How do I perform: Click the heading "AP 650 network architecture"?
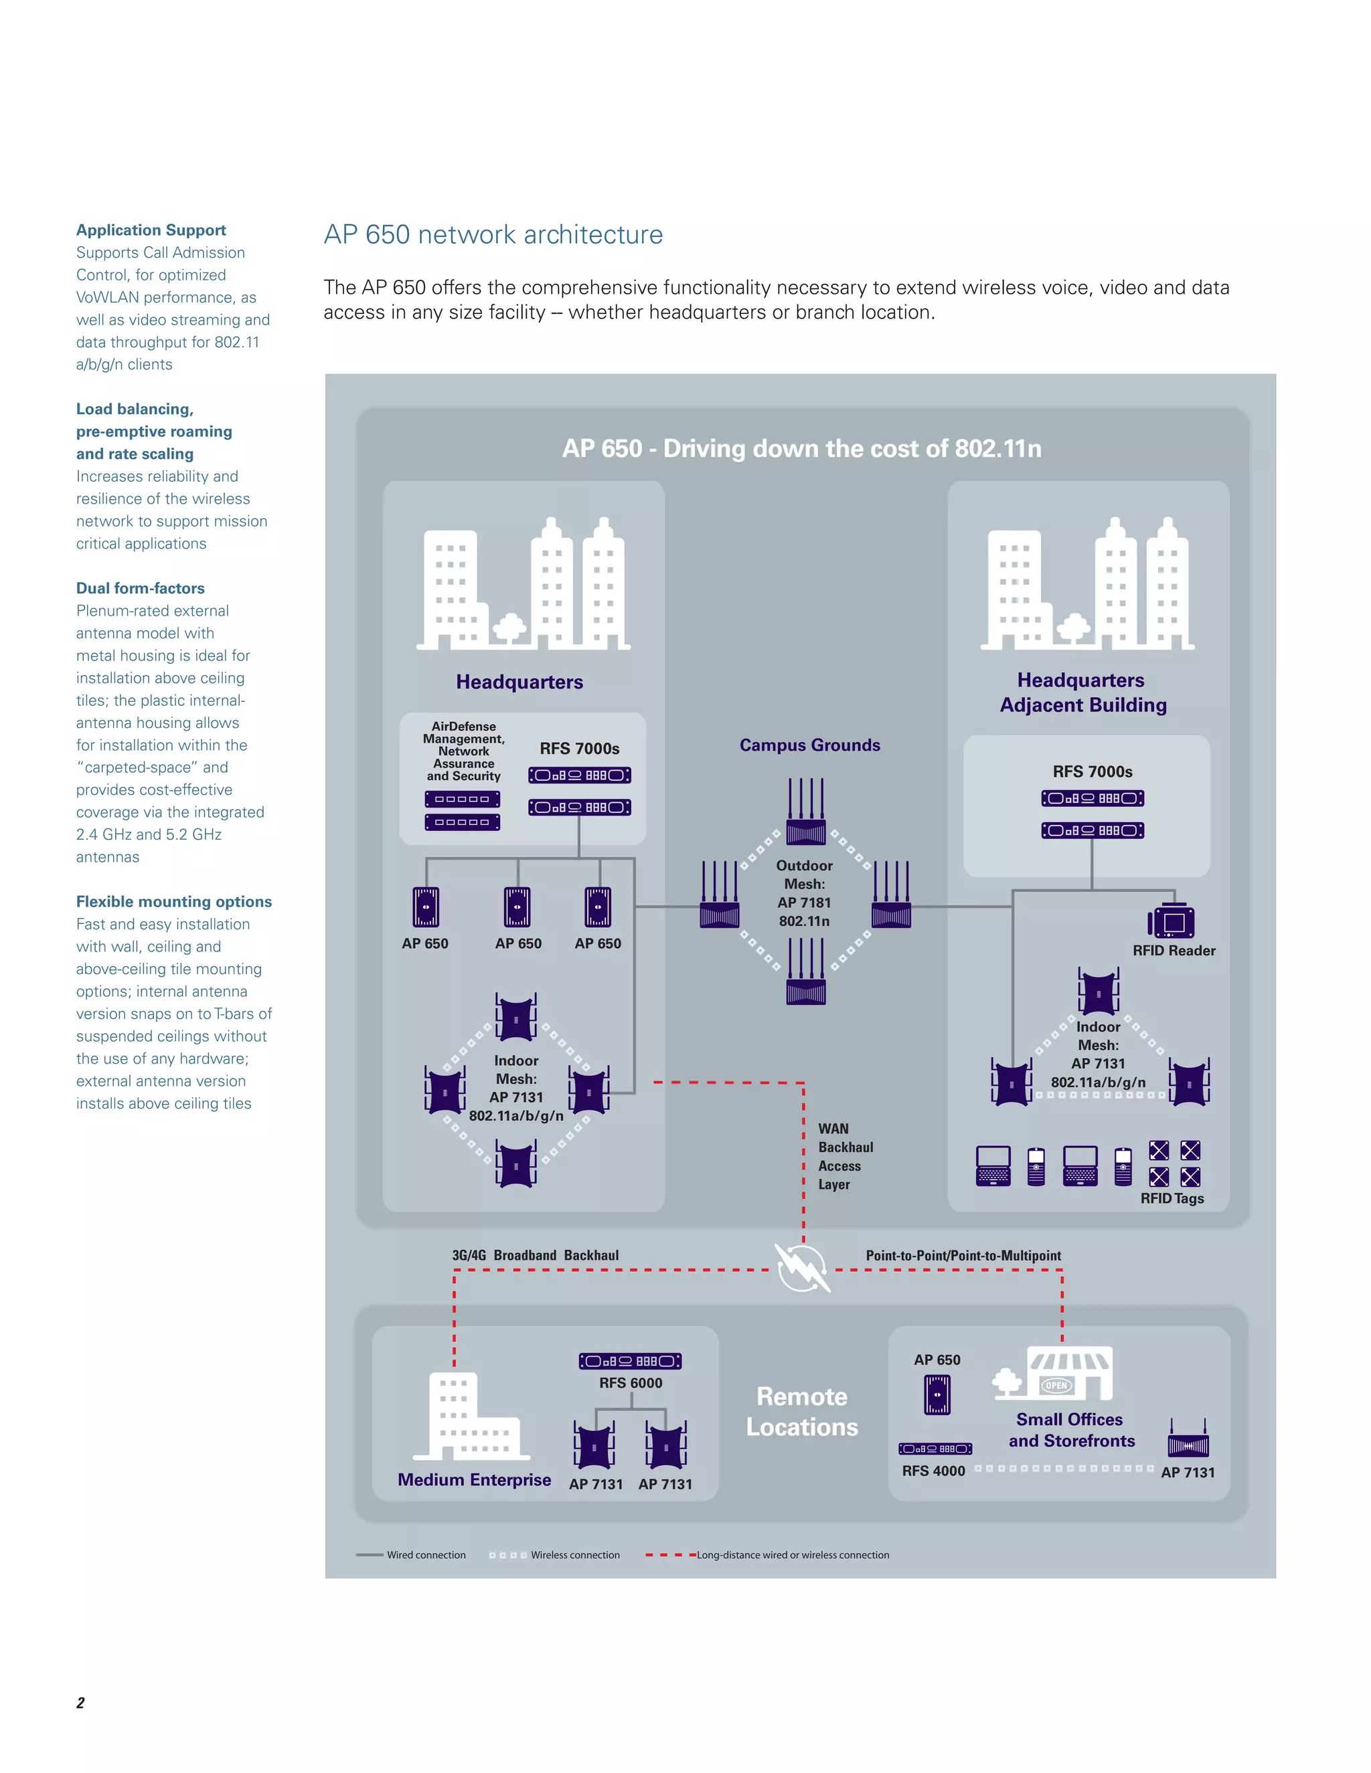point(493,235)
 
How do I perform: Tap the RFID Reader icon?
point(1172,921)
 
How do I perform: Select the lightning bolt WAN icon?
point(803,1267)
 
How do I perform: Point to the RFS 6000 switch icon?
point(629,1361)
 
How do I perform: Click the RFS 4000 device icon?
point(935,1449)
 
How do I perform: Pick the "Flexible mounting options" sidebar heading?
point(174,902)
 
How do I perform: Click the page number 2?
point(80,1702)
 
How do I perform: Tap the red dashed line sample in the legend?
point(670,1556)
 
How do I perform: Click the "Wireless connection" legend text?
point(575,1556)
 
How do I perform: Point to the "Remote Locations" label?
point(801,1412)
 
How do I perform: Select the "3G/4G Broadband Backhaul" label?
point(536,1255)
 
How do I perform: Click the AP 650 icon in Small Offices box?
point(937,1395)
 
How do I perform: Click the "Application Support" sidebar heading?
point(151,231)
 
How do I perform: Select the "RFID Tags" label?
point(1172,1198)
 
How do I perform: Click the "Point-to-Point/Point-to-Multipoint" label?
point(963,1256)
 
